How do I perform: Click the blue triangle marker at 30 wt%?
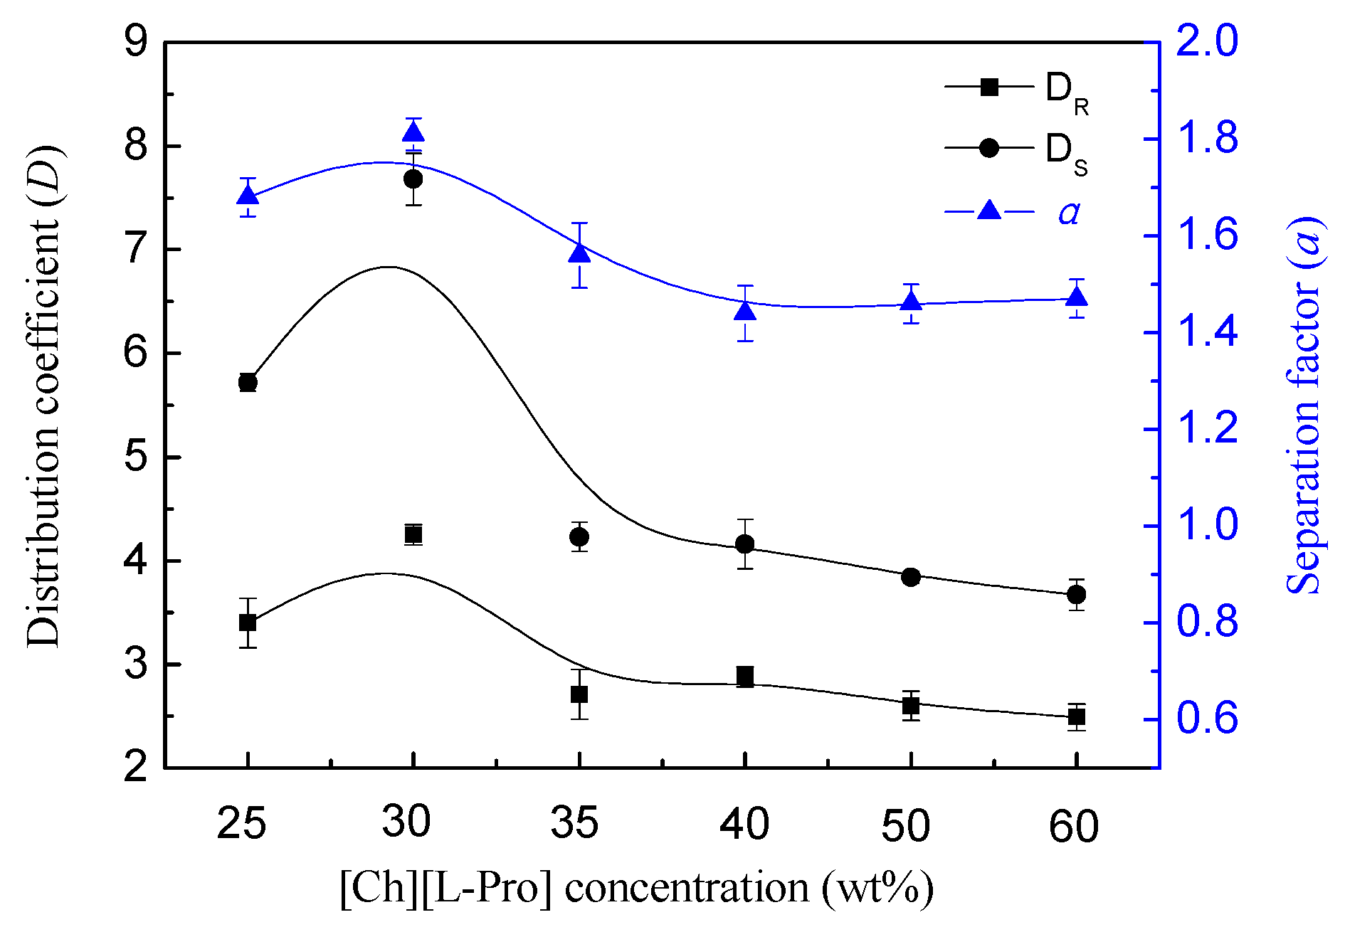tap(413, 133)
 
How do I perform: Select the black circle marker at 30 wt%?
tap(413, 179)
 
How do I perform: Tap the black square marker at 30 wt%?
tap(413, 534)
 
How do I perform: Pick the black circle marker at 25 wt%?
tap(248, 382)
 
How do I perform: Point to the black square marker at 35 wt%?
tap(579, 694)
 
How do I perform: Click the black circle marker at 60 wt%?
tap(1077, 594)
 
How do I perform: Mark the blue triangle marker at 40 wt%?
tap(745, 311)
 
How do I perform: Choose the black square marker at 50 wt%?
tap(911, 706)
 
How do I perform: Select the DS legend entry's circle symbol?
tap(989, 148)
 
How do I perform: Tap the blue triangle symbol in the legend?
tap(989, 210)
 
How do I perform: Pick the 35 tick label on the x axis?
tap(575, 824)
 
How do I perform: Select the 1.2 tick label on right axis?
tap(1208, 429)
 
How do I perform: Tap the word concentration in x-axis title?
tap(687, 889)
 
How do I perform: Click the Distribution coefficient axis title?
tap(44, 396)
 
